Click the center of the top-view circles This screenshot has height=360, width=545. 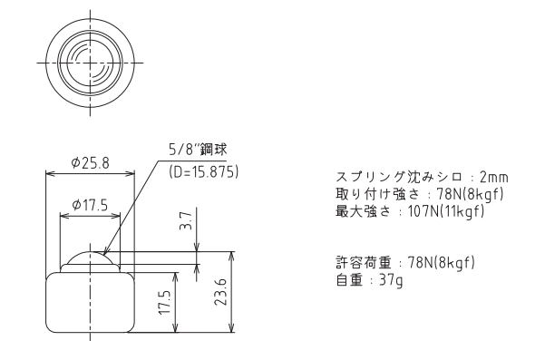[90, 63]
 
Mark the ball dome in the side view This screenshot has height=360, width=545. [90, 259]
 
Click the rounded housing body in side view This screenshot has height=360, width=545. [90, 304]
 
